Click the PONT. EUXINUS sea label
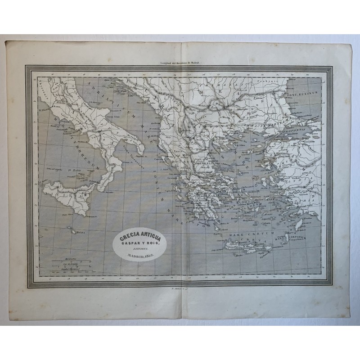pyautogui.click(x=306, y=94)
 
